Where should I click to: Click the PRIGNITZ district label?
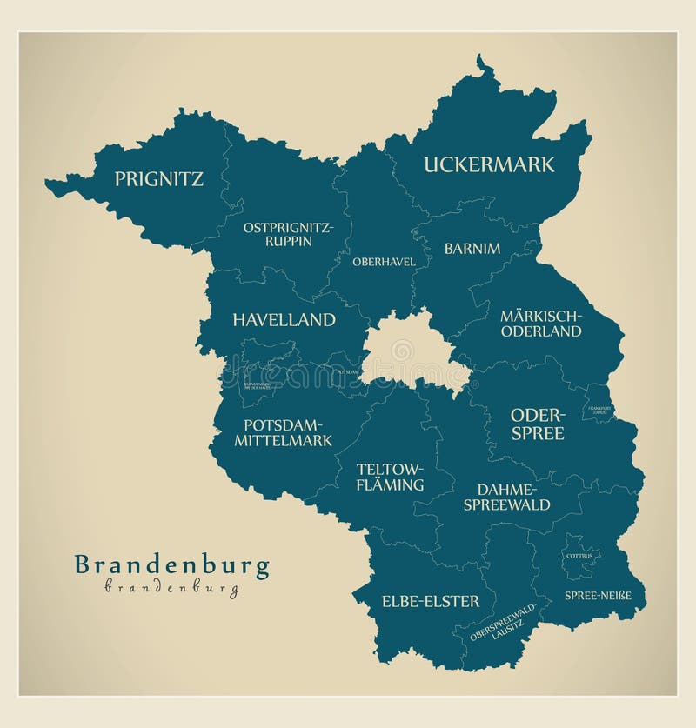pyautogui.click(x=159, y=179)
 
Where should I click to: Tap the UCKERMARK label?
pyautogui.click(x=488, y=164)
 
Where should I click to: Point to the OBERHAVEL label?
pyautogui.click(x=384, y=261)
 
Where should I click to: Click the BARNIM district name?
pyautogui.click(x=472, y=248)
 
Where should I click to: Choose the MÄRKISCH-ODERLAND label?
pyautogui.click(x=540, y=323)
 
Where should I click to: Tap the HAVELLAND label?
pyautogui.click(x=284, y=319)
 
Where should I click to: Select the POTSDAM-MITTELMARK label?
pyautogui.click(x=283, y=432)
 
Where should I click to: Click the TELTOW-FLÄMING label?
pyautogui.click(x=390, y=477)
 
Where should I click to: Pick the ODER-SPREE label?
pyautogui.click(x=537, y=424)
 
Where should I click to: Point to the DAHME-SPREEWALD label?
pyautogui.click(x=506, y=497)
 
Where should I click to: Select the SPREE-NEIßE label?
pyautogui.click(x=592, y=595)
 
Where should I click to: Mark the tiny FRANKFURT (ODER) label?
pyautogui.click(x=599, y=410)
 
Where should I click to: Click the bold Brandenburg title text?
pyautogui.click(x=171, y=565)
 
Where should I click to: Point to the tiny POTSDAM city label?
pyautogui.click(x=345, y=371)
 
